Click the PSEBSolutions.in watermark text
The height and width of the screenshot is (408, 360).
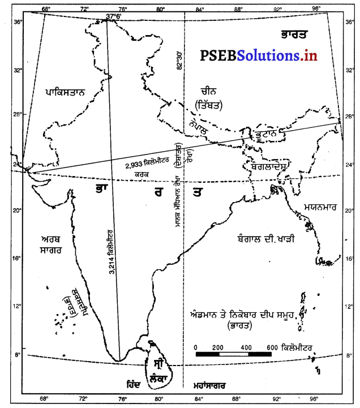click(258, 55)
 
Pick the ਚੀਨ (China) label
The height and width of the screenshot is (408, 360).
click(208, 91)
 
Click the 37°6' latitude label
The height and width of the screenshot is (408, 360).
click(114, 17)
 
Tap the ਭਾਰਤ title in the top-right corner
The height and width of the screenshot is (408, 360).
click(294, 33)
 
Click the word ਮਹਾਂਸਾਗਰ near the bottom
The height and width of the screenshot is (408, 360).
click(209, 385)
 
